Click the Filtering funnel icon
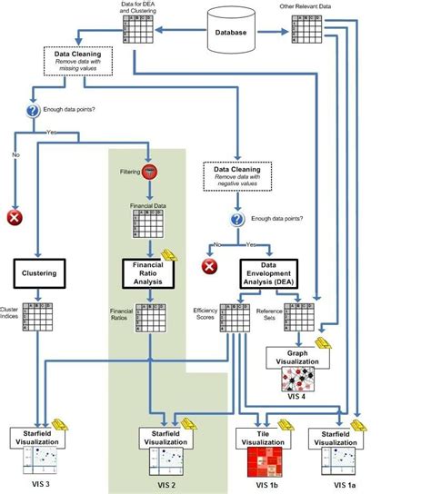tap(149, 171)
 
